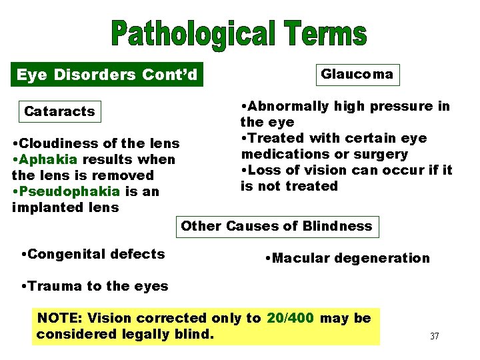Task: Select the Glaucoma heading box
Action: pos(357,74)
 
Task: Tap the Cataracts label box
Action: pos(59,111)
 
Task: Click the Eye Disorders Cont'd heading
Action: pos(107,75)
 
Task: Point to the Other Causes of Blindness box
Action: pos(277,226)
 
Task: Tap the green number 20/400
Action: pos(290,318)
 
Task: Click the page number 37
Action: pos(435,336)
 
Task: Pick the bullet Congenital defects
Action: pos(93,254)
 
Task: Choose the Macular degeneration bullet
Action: pos(347,258)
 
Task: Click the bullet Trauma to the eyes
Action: pos(95,287)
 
